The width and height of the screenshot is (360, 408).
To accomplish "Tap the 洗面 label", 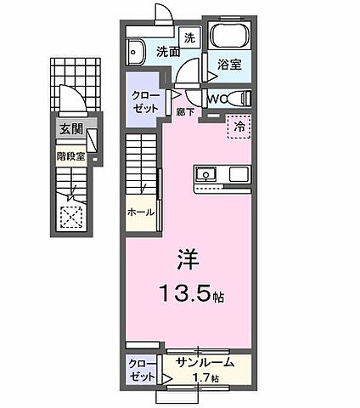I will click(168, 52).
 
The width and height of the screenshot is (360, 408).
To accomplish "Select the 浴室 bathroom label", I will click(228, 64).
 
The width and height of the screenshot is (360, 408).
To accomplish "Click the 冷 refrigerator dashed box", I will click(240, 126).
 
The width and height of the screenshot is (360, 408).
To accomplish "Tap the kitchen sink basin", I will click(207, 175).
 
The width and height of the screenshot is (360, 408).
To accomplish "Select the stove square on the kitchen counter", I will click(238, 175).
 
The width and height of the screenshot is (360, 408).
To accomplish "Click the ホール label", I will click(141, 212).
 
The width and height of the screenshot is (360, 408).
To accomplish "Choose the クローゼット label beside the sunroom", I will click(141, 369).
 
